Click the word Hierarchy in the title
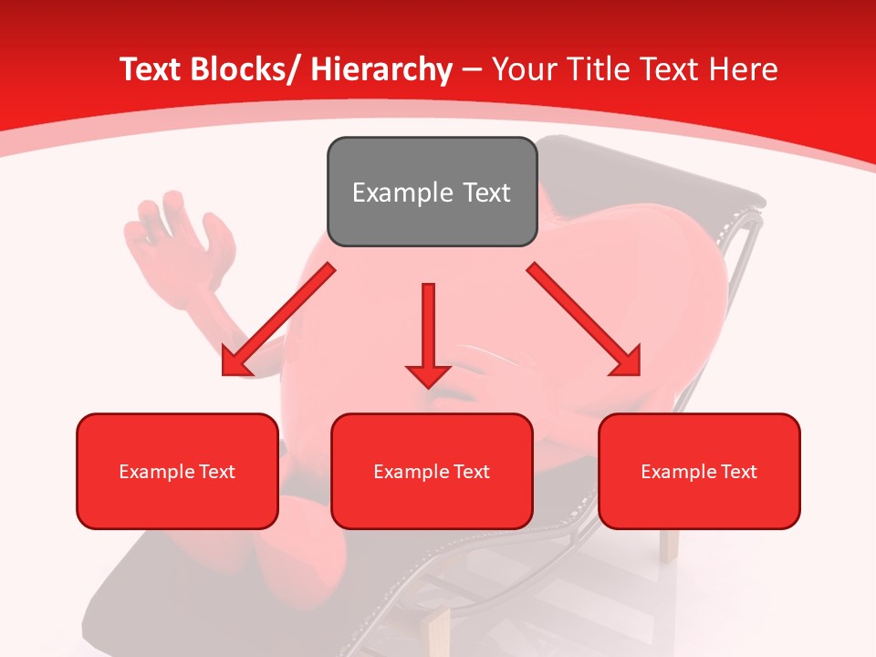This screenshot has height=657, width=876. coord(381,69)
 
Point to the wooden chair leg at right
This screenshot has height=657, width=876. coord(669,545)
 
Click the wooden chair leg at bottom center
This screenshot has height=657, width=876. coord(437,630)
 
